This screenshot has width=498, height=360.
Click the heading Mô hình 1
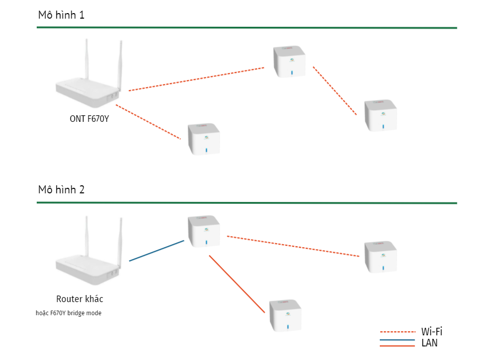click(x=61, y=15)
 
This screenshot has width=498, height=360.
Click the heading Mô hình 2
click(x=61, y=190)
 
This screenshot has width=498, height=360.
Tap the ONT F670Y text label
click(x=89, y=119)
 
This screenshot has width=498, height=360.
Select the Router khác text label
click(x=79, y=299)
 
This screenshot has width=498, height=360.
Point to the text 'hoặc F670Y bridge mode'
click(x=69, y=313)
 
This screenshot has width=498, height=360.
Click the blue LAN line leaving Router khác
click(x=156, y=251)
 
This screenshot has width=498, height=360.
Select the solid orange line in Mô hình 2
click(x=236, y=283)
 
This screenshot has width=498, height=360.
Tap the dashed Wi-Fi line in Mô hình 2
click(x=293, y=246)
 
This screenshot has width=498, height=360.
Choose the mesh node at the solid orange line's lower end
click(x=285, y=316)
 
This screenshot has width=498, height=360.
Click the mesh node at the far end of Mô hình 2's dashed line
click(x=380, y=257)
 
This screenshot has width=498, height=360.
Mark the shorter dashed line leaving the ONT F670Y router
click(x=148, y=121)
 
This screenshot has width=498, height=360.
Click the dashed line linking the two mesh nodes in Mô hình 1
click(x=335, y=91)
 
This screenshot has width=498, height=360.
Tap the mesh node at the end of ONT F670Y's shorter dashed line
click(x=203, y=139)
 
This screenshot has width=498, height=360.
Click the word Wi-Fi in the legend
click(x=432, y=332)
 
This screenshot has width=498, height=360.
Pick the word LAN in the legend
click(x=429, y=343)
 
